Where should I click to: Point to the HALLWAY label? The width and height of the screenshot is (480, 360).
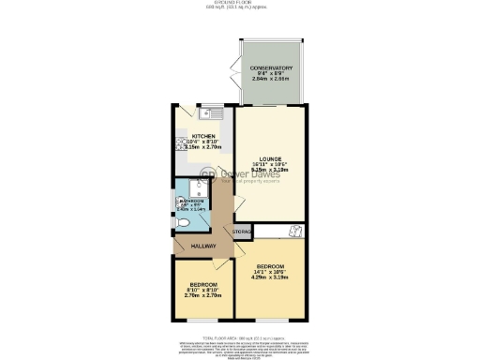pyautogui.click(x=204, y=246)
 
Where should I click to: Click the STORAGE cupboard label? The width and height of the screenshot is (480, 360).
pyautogui.click(x=242, y=231)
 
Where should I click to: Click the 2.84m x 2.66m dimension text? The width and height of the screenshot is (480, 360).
pyautogui.click(x=272, y=82)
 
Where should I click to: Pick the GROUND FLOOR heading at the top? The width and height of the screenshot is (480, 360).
pyautogui.click(x=239, y=4)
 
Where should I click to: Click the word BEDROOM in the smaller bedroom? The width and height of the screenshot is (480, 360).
pyautogui.click(x=204, y=284)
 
